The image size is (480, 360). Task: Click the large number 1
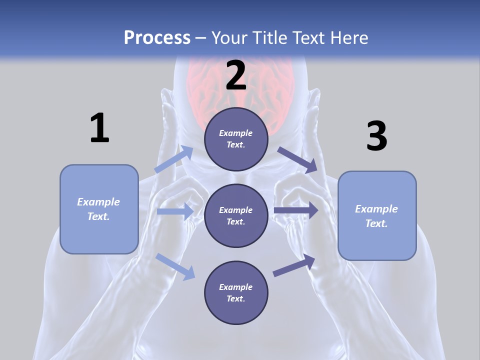click(x=99, y=128)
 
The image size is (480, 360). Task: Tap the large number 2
click(x=236, y=75)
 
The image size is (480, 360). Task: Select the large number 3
click(x=376, y=136)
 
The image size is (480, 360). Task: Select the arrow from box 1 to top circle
click(x=174, y=159)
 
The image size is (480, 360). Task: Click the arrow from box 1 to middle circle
click(x=175, y=211)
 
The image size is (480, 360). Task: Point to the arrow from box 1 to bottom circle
click(x=175, y=266)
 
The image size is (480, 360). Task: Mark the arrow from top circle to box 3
click(x=297, y=160)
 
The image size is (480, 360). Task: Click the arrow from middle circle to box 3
click(x=295, y=210)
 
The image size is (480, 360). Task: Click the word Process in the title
click(x=157, y=37)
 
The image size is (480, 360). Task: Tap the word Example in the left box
click(x=98, y=202)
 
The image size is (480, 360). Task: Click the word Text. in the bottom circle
click(x=236, y=298)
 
